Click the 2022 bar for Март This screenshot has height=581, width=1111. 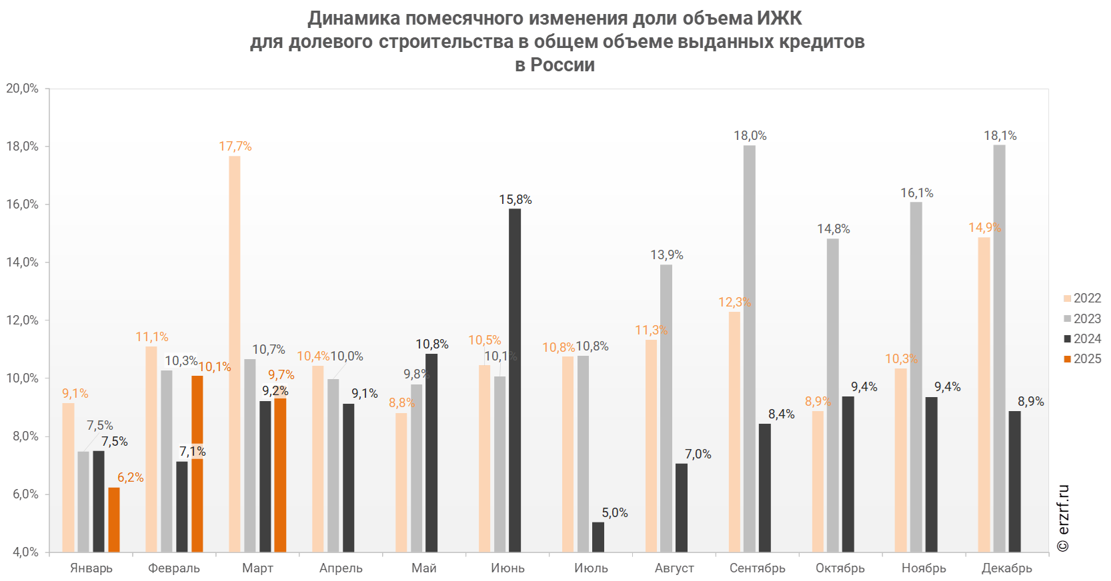[x=235, y=354]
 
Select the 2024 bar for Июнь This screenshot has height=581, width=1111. [x=515, y=380]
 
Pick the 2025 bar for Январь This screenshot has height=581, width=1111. [x=114, y=520]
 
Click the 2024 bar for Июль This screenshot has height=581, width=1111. [x=598, y=537]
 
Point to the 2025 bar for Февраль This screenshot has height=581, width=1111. [x=197, y=464]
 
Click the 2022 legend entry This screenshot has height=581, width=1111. [x=1082, y=298]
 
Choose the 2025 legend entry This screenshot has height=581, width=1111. [x=1082, y=358]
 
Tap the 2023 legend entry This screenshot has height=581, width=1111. [x=1082, y=318]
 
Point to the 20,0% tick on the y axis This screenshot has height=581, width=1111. [x=22, y=89]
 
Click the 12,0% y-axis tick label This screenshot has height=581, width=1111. [x=22, y=320]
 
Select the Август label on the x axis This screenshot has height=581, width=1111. [x=675, y=568]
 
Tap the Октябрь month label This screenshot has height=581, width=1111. [x=841, y=568]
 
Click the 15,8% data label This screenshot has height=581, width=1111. [x=515, y=200]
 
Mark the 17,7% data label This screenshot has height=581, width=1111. [x=235, y=147]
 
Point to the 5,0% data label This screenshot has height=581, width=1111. [x=615, y=513]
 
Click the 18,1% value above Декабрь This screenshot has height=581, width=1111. [x=1000, y=136]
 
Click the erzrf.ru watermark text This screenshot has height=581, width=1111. [x=1064, y=518]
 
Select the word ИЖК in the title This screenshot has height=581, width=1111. [x=780, y=18]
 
